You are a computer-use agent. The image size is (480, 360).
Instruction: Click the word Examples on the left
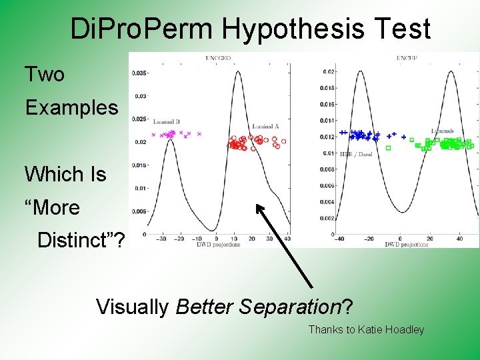(x=71, y=107)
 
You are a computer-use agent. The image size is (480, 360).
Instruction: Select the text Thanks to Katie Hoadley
(x=366, y=329)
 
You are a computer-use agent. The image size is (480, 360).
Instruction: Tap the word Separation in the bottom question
(x=290, y=307)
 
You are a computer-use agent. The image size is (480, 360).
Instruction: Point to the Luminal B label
(x=166, y=122)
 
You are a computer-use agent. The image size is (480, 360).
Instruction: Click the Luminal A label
(x=265, y=126)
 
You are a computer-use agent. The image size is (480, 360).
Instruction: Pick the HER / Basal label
(x=355, y=154)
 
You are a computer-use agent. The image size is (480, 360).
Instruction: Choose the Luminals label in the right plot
(x=443, y=130)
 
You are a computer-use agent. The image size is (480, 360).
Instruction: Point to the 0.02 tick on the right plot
(x=328, y=72)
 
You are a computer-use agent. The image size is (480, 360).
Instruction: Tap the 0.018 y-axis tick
(x=327, y=88)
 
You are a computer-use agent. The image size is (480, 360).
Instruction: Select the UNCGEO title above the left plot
(x=217, y=59)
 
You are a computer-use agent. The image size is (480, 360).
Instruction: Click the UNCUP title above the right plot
(x=406, y=59)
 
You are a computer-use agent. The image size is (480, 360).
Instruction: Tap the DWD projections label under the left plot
(x=218, y=244)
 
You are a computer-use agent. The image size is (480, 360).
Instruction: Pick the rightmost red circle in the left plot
(x=284, y=141)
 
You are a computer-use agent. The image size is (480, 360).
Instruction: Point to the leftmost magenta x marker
(x=153, y=135)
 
